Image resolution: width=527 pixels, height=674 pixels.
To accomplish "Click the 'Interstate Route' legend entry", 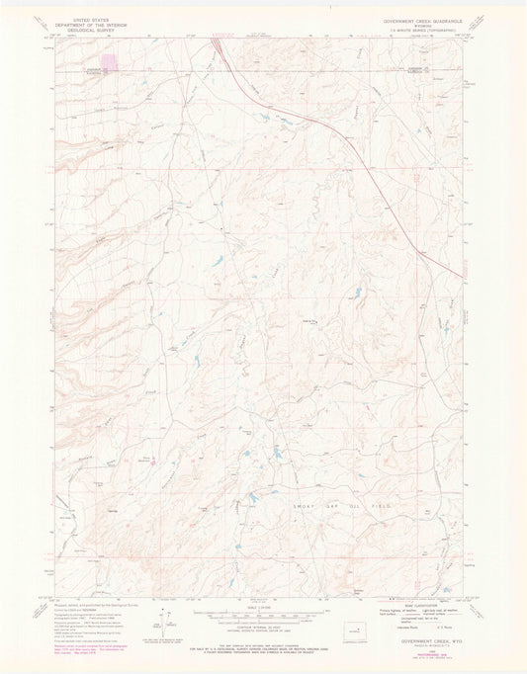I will point(407,628).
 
